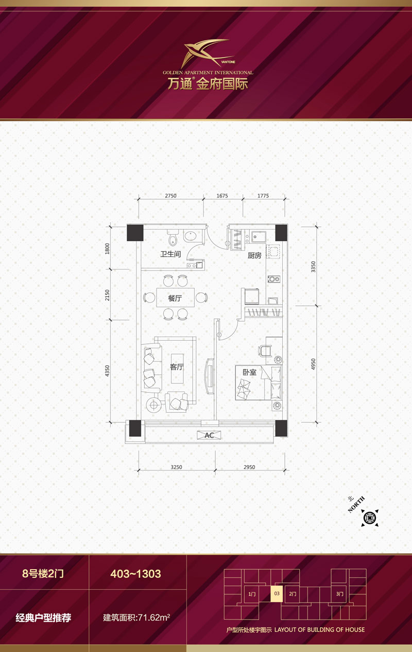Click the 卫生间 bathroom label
tap(170, 254)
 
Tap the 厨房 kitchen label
tap(254, 256)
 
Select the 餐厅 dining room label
tap(175, 298)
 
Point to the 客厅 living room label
tap(177, 367)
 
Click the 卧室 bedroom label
tap(250, 372)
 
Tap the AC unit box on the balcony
tap(209, 435)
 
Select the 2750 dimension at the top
tap(170, 196)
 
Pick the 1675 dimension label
tap(222, 196)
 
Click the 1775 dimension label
tap(263, 196)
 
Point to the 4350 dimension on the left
tap(107, 371)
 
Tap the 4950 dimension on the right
tap(313, 364)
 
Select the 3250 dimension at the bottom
tap(176, 467)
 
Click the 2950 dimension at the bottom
tap(249, 467)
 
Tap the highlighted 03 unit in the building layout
tap(277, 593)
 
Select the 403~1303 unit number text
tap(136, 574)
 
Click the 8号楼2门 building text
tap(43, 573)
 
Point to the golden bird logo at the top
tap(208, 53)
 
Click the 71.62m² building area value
tap(154, 617)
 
